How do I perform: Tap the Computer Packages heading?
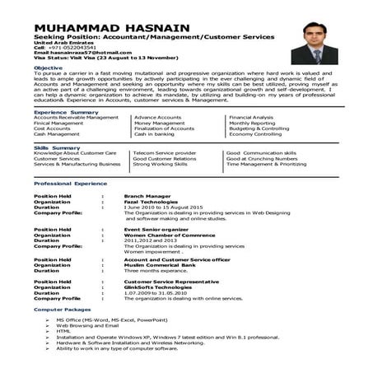pyautogui.click(x=62, y=308)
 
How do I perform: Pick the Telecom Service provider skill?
pyautogui.click(x=165, y=153)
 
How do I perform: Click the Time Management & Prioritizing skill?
pyautogui.click(x=272, y=164)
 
